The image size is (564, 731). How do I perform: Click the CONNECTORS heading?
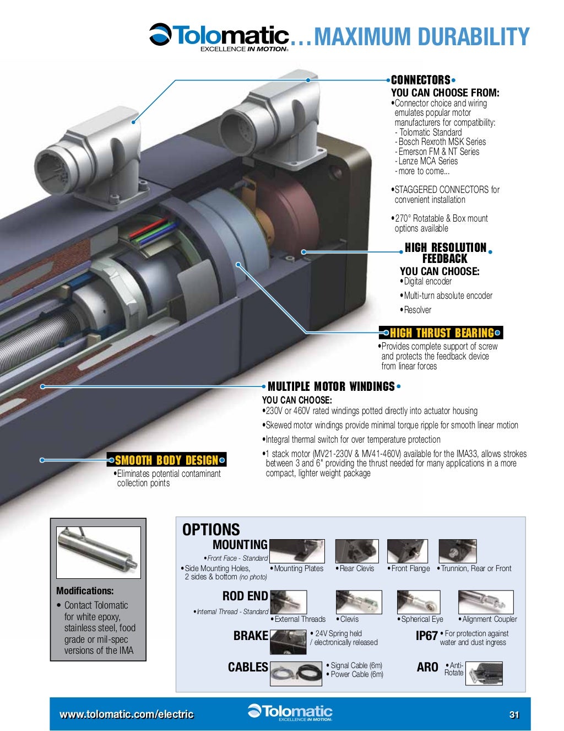420,80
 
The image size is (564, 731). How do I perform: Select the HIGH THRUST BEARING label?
442,333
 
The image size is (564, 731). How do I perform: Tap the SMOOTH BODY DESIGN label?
166,460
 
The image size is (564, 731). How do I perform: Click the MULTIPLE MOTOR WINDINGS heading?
331,386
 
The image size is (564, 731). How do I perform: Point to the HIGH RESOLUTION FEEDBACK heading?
445,253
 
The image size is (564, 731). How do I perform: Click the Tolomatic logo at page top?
219,37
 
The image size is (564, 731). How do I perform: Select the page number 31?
514,714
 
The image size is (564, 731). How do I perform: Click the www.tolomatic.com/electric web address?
127,714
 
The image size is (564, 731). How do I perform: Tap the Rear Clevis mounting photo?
357,551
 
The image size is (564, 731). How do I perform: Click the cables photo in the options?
296,674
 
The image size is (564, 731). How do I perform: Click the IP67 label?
426,636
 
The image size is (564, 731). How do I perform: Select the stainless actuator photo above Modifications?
99,552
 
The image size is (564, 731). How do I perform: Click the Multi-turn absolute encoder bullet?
448,295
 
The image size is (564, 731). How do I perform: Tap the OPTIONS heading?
211,530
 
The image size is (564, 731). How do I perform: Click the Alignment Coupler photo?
485,602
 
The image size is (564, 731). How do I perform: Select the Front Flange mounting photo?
408,551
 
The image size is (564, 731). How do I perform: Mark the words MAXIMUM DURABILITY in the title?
421,37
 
